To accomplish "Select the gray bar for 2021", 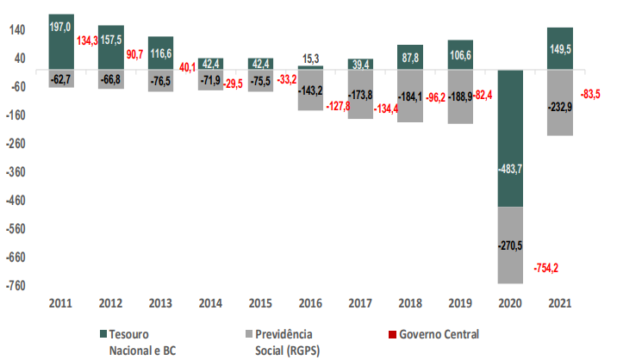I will pyautogui.click(x=559, y=102).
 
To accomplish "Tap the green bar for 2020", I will pyautogui.click(x=509, y=138).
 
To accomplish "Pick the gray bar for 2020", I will pyautogui.click(x=509, y=245).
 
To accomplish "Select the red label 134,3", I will pyautogui.click(x=87, y=41).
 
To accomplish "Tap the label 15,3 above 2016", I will pyautogui.click(x=311, y=58).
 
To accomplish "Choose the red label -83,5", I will pyautogui.click(x=592, y=93).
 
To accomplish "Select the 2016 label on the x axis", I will pyautogui.click(x=310, y=304).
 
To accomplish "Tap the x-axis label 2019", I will pyautogui.click(x=459, y=304).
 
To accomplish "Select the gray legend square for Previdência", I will pyautogui.click(x=249, y=333).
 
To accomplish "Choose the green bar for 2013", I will pyautogui.click(x=160, y=53).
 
